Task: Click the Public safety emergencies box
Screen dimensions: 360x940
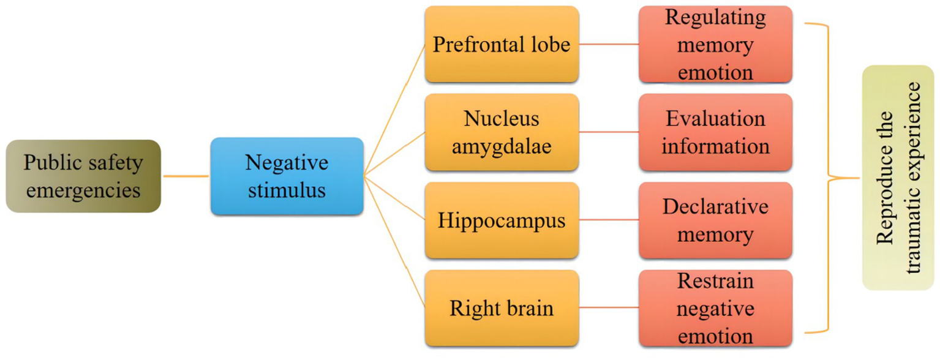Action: point(83,176)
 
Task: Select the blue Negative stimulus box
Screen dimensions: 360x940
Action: point(287,176)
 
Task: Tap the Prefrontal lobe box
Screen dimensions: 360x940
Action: point(502,44)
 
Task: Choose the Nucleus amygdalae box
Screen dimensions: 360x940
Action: point(502,132)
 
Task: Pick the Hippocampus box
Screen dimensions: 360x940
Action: point(502,220)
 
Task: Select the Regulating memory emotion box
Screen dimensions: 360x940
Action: point(715,44)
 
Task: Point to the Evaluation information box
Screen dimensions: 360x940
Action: point(715,132)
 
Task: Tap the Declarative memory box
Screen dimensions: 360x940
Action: point(715,220)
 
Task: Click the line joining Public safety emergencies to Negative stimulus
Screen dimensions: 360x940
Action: point(186,176)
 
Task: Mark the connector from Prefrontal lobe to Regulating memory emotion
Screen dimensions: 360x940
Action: point(609,44)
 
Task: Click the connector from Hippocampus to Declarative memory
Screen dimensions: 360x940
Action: point(609,220)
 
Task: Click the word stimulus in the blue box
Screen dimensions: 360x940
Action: point(287,190)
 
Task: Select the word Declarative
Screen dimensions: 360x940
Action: point(715,206)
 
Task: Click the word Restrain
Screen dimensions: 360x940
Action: point(715,281)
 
